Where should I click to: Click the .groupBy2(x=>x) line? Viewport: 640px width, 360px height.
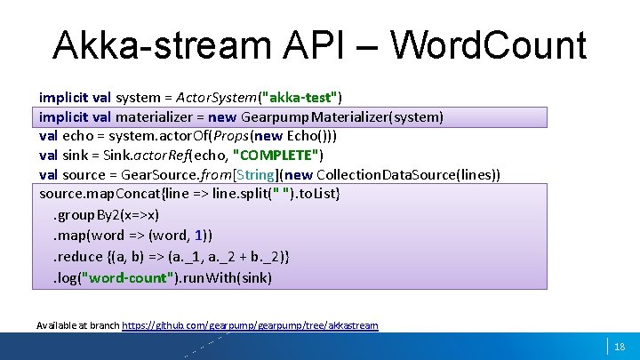[107, 214]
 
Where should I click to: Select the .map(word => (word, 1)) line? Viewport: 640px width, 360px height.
[133, 236]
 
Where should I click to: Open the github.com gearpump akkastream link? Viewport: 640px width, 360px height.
[250, 325]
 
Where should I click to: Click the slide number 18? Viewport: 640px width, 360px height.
[620, 347]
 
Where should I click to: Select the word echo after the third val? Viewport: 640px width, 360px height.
[77, 136]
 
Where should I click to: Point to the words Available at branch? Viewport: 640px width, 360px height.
[77, 325]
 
